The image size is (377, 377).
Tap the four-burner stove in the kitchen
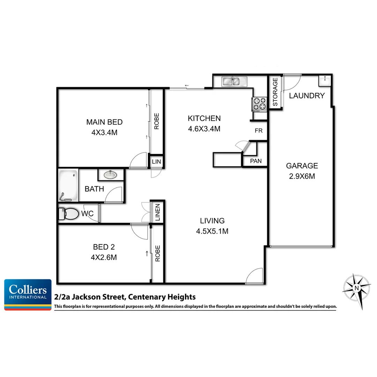click(x=259, y=103)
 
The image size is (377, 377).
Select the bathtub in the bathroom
click(x=68, y=185)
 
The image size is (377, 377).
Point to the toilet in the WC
click(x=69, y=214)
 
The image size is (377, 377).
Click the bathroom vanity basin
click(x=111, y=174)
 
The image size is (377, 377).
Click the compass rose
click(x=356, y=288)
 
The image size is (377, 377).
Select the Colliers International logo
click(x=28, y=295)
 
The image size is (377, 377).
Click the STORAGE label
click(x=275, y=92)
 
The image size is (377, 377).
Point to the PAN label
click(x=256, y=161)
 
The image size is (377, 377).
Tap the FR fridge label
click(x=258, y=131)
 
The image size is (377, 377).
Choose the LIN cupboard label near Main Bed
click(x=156, y=162)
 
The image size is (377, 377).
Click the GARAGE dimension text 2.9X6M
click(x=302, y=176)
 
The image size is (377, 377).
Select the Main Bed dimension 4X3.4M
click(x=104, y=132)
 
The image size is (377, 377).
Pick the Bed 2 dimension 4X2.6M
click(x=104, y=258)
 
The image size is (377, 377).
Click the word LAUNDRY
click(x=307, y=96)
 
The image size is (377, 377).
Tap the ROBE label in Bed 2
click(x=157, y=253)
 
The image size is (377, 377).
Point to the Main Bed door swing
click(x=138, y=161)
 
